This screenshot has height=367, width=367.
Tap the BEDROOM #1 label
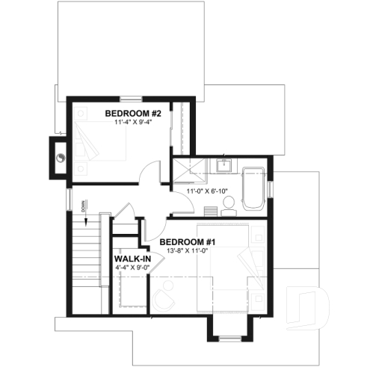(x=188, y=242)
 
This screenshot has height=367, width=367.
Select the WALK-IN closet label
(x=132, y=259)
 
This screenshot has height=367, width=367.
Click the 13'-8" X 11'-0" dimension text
(x=188, y=252)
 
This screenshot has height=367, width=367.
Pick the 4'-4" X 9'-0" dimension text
(x=132, y=268)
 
